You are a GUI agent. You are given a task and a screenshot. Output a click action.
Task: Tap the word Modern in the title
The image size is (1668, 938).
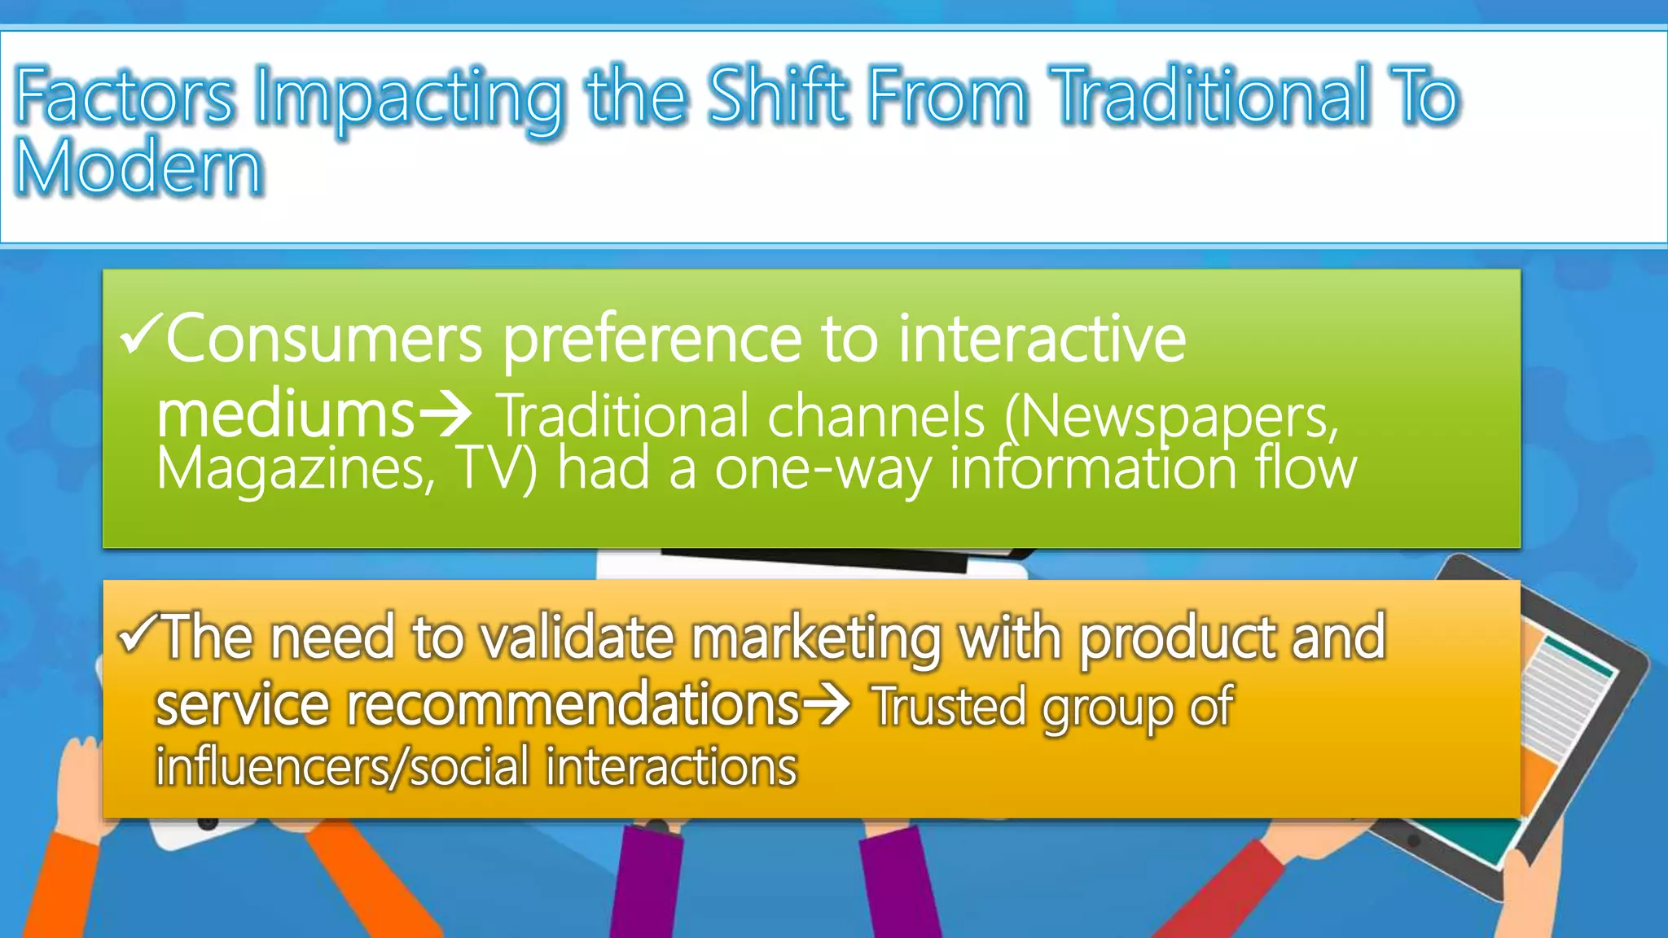[139, 168]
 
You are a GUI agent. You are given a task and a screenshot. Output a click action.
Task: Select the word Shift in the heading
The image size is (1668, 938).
[777, 97]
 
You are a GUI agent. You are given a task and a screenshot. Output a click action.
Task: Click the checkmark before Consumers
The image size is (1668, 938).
[139, 333]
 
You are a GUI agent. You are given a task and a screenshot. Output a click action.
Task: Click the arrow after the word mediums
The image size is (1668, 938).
[445, 414]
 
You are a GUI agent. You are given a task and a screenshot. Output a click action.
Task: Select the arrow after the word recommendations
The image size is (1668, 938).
[826, 703]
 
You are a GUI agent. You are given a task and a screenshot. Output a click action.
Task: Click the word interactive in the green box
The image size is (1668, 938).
[1042, 339]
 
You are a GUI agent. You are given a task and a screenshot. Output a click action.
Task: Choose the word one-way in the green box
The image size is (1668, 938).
[823, 470]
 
